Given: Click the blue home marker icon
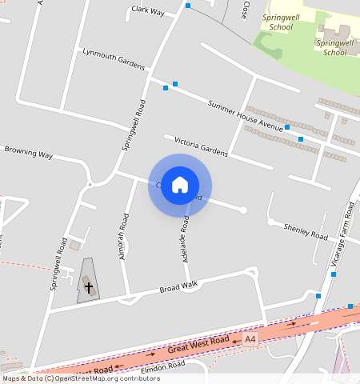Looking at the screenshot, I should point(180,185).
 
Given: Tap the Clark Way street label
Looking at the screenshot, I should point(148,12).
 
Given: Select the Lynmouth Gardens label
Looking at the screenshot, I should point(114,58).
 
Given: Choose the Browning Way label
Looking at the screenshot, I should point(29,151).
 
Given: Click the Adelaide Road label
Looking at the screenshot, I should point(186,236).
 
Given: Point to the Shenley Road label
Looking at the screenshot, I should point(306,231).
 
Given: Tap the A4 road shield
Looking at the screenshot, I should point(251,339).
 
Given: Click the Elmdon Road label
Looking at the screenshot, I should point(162,367).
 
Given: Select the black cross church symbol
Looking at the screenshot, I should point(88,285).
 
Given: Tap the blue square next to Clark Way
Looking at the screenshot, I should point(188,6).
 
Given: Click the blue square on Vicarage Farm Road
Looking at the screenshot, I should point(334,274).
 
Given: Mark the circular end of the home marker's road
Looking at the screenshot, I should point(243,210).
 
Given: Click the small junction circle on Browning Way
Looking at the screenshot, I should point(90,185).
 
